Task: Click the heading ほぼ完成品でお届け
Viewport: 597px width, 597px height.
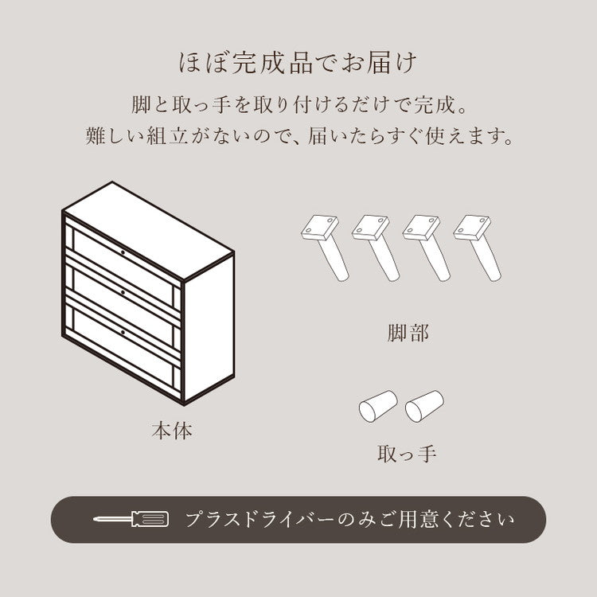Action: coord(298,64)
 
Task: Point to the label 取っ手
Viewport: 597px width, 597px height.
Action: coord(407,455)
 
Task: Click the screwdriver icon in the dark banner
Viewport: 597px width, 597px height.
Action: coord(131,520)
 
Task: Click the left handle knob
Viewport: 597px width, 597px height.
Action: coord(378,407)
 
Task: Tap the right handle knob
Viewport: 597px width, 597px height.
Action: coord(424,407)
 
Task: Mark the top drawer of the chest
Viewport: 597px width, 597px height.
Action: coord(123,255)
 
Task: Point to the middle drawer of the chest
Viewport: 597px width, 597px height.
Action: coord(123,293)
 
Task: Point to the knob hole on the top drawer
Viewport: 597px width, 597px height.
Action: coord(123,252)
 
